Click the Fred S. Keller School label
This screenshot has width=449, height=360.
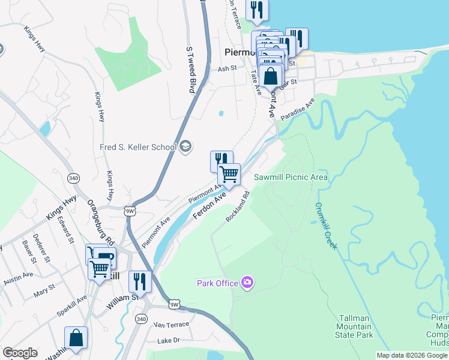point(138,147)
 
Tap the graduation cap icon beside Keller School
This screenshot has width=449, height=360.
point(185,146)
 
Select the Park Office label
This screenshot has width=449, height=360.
point(218,283)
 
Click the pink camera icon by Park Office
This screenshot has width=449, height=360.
point(247,282)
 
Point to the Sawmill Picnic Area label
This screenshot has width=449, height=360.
point(291,177)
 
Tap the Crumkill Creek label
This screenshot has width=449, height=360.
point(325,226)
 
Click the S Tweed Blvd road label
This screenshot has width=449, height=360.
point(191,70)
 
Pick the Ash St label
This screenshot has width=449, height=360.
point(228,69)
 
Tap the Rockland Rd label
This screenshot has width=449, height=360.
point(238,207)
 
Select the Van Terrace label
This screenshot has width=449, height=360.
point(171,324)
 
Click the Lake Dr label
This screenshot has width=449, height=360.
point(168,340)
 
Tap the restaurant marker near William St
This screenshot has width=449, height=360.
point(140,281)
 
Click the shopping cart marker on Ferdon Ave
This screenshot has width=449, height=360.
point(229,175)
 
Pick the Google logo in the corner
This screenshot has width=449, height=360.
point(20,353)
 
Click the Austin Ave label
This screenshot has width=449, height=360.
point(18,278)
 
